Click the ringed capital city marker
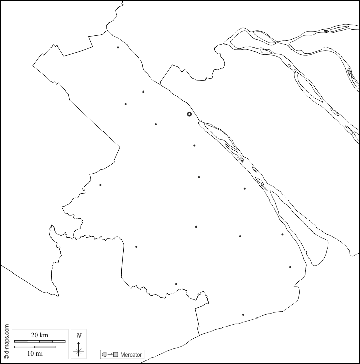[x=189, y=114]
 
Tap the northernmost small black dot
[x=118, y=48]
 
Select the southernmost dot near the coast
[x=243, y=315]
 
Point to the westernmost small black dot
[x=100, y=185]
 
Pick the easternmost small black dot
[x=290, y=267]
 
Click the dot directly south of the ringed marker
[x=194, y=146]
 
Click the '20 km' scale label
[x=39, y=335]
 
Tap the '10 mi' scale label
[x=35, y=353]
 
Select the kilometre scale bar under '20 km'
[x=40, y=342]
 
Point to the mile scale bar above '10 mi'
[x=34, y=347]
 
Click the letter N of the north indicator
[x=78, y=336]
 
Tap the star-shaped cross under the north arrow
[x=78, y=351]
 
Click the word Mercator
[x=131, y=355]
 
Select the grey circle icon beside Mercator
[x=105, y=355]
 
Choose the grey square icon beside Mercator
[x=116, y=355]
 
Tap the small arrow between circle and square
[x=110, y=355]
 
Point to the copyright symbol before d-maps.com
[x=6, y=356]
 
